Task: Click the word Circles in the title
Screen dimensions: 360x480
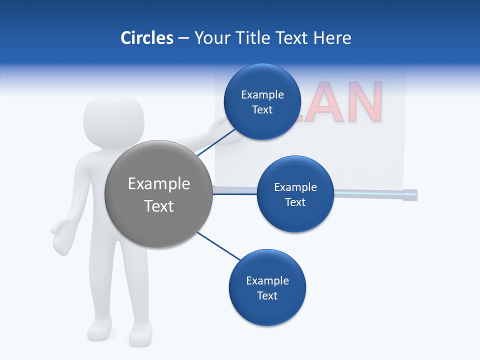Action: click(146, 38)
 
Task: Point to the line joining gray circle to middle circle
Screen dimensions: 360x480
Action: click(235, 193)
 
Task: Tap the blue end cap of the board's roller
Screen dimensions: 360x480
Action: click(410, 194)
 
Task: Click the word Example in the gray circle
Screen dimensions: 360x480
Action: click(159, 184)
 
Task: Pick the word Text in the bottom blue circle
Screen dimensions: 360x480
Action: click(267, 295)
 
